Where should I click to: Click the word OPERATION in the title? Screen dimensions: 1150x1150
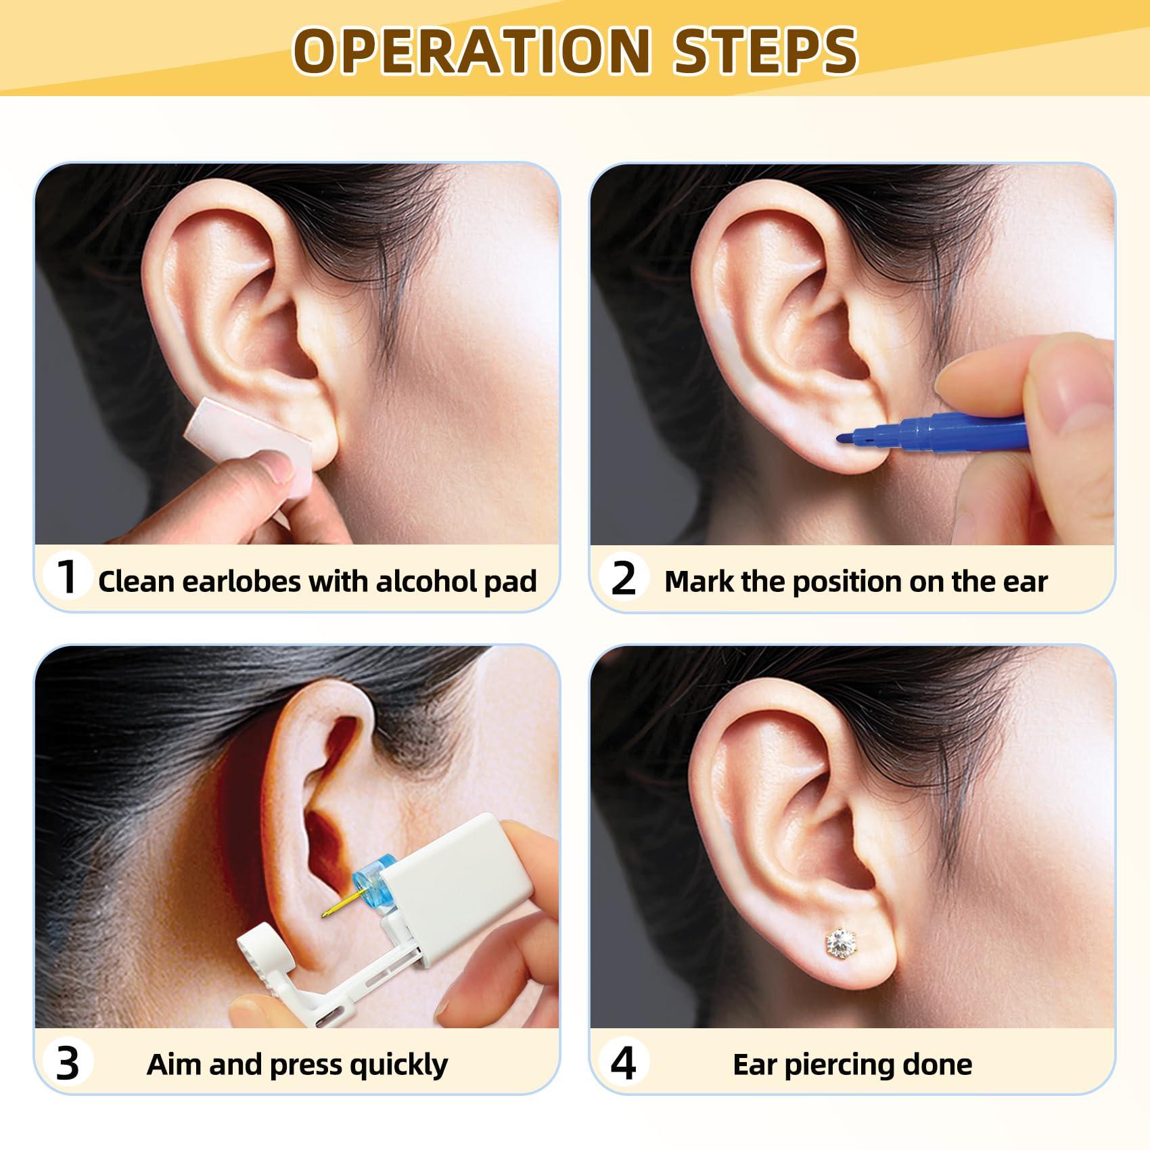(471, 51)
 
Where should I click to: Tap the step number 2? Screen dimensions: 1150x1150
(623, 578)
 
